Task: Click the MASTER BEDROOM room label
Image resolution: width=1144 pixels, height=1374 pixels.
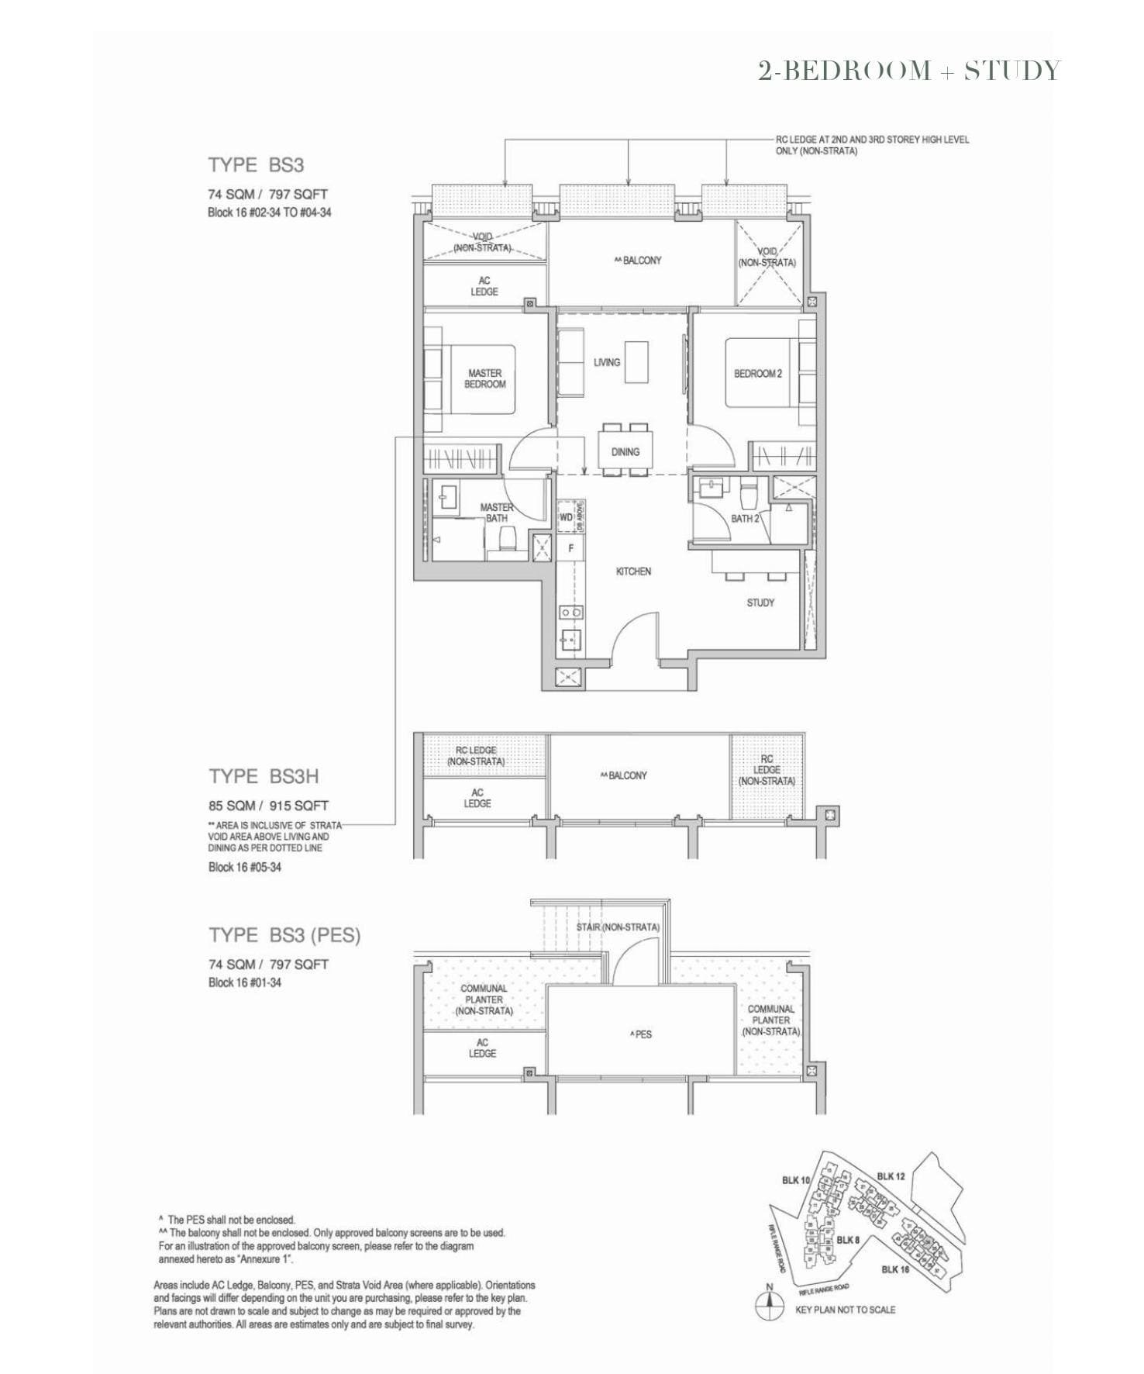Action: pos(484,378)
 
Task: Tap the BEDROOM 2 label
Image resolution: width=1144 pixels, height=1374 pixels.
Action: pos(757,374)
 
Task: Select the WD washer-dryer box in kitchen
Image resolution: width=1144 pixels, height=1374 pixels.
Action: pos(566,517)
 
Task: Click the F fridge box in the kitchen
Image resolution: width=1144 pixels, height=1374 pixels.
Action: pos(571,548)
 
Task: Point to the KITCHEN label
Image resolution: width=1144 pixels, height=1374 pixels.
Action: pos(633,571)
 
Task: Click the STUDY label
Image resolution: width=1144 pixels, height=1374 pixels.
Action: pos(760,602)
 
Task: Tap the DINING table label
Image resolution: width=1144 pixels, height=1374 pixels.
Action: pos(625,451)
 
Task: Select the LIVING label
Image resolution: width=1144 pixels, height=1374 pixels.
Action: pos(607,362)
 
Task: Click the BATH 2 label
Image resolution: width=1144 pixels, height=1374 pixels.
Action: pos(745,518)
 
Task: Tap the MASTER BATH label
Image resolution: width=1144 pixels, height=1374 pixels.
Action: pos(496,513)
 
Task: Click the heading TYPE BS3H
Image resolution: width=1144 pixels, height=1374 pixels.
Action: pos(264,776)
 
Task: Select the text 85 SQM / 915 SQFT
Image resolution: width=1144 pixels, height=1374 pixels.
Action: pos(268,806)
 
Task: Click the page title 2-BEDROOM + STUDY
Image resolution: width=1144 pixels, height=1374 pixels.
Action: pos(908,71)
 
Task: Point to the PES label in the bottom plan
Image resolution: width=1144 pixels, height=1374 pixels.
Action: pos(643,1034)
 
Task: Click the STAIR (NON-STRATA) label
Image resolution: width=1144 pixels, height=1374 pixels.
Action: pos(618,927)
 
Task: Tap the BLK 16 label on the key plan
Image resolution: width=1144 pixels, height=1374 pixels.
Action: pos(895,1269)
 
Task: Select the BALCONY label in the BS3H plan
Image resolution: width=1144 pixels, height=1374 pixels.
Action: pos(623,775)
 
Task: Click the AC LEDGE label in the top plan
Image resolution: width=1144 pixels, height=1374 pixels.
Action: pos(484,286)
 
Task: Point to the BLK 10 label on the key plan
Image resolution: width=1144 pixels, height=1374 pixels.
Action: pos(795,1180)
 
